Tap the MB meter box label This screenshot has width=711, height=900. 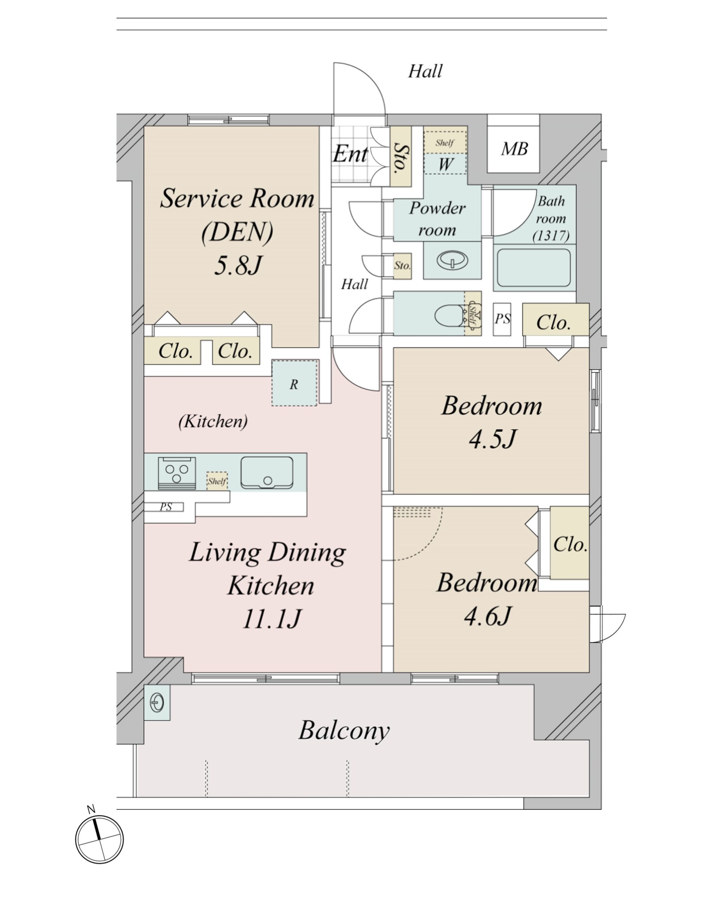[x=515, y=149]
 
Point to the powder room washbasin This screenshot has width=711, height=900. [x=452, y=261]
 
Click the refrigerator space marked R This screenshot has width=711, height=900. [x=294, y=383]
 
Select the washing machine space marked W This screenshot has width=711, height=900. [x=445, y=164]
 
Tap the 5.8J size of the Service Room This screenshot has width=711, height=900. [x=238, y=265]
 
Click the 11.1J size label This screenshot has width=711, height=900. [x=271, y=619]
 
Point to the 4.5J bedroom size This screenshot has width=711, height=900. [x=493, y=439]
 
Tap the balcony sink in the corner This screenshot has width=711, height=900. [x=157, y=702]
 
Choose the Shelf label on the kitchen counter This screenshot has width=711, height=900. [x=217, y=481]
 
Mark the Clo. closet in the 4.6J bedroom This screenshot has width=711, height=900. [x=570, y=544]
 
